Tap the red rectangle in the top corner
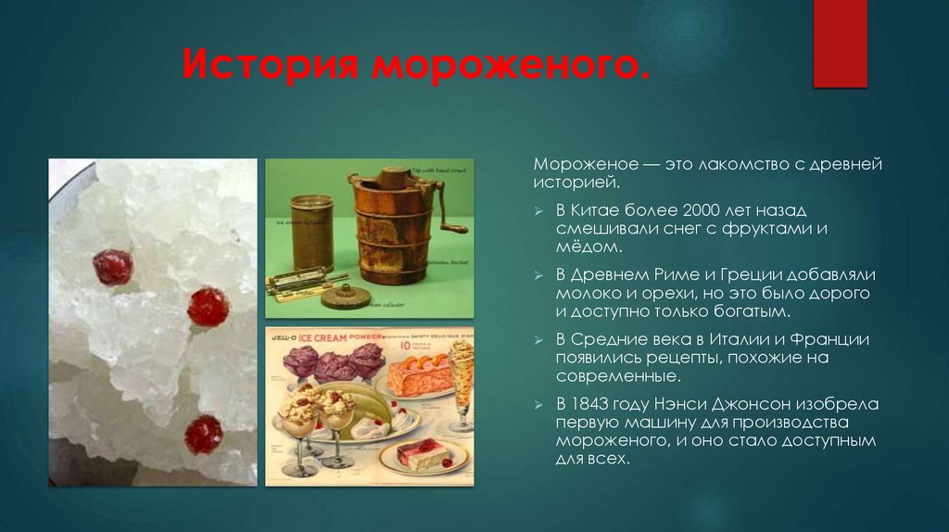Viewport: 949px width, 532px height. click(x=840, y=43)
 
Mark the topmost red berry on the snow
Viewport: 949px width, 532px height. click(x=112, y=267)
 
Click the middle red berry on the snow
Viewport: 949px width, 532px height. click(x=208, y=307)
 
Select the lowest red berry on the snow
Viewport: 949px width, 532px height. click(x=203, y=434)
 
